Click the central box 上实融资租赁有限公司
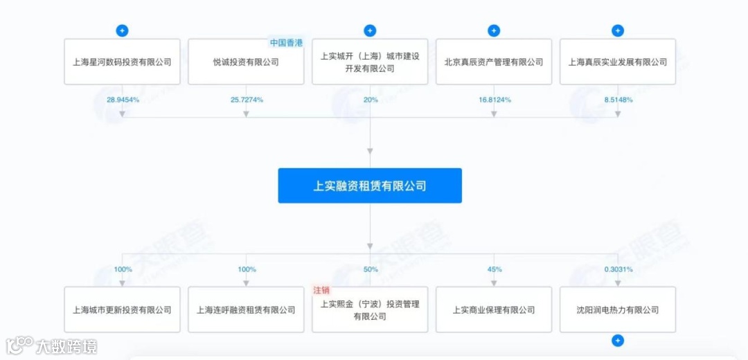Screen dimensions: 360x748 pyautogui.click(x=370, y=186)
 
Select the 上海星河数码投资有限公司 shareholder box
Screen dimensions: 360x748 pyautogui.click(x=122, y=62)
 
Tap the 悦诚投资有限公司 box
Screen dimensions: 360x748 pyautogui.click(x=246, y=62)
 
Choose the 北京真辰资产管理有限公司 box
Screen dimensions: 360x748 pyautogui.click(x=494, y=62)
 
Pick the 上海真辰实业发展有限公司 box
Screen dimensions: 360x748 pyautogui.click(x=618, y=62)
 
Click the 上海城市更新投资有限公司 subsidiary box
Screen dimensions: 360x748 pyautogui.click(x=122, y=309)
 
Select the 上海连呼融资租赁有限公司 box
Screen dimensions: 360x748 pyautogui.click(x=246, y=309)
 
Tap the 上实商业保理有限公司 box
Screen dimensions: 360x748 pyautogui.click(x=494, y=309)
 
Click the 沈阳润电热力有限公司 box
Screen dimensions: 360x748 pyautogui.click(x=618, y=309)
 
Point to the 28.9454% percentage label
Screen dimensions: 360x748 pyautogui.click(x=123, y=100)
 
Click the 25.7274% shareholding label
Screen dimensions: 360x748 pyautogui.click(x=247, y=100)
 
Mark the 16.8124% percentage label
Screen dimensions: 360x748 pyautogui.click(x=495, y=100)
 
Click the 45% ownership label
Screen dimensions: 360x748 pyautogui.click(x=495, y=269)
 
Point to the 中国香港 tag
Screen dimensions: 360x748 pyautogui.click(x=286, y=43)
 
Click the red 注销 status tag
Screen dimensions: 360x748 pyautogui.click(x=321, y=290)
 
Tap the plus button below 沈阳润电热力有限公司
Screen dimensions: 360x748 pyautogui.click(x=618, y=341)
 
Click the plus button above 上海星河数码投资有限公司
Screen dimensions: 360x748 pyautogui.click(x=122, y=30)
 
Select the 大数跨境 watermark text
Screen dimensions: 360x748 pyautogui.click(x=66, y=345)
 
